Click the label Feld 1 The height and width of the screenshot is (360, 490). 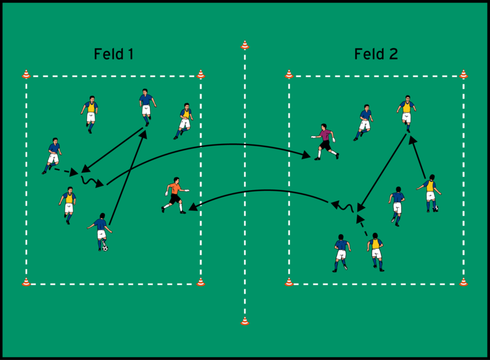113,54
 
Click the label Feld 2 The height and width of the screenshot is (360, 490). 376,54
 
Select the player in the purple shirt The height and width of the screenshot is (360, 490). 325,142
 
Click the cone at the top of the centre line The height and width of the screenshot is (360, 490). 245,45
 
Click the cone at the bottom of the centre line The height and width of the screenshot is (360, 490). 245,321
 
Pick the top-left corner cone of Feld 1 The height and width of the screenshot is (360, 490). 26,74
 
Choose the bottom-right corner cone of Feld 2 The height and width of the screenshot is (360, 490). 463,281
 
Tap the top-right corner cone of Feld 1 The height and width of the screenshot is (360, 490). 200,74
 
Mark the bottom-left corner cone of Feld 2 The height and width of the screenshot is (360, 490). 288,281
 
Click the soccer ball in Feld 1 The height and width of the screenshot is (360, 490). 105,247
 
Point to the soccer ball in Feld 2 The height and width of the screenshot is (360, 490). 435,209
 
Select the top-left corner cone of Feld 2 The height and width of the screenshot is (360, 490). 288,74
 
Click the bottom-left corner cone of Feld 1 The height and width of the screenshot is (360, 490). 26,281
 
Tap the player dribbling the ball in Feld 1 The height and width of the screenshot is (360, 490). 100,230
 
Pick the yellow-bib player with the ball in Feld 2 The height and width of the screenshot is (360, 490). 429,192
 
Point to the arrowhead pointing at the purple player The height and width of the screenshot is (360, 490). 306,157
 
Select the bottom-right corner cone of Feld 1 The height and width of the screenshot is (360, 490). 200,281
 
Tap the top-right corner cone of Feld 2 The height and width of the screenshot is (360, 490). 463,74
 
